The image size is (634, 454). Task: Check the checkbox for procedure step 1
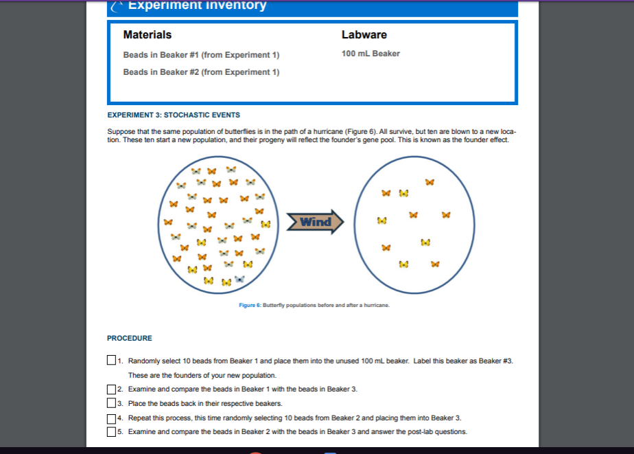coord(111,361)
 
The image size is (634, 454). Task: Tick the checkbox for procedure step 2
coord(111,389)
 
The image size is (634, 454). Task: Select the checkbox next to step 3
coord(111,404)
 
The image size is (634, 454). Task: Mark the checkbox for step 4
coord(111,418)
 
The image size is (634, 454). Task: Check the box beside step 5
coord(111,432)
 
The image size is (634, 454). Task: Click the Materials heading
coord(147,34)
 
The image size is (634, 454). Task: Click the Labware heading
coord(364,34)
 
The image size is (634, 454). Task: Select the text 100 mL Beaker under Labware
coord(371,54)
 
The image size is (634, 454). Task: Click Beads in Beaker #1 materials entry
coord(201,55)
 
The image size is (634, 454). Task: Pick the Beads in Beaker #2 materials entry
coord(201,72)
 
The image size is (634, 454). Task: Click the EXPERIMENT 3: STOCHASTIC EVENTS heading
coord(174,115)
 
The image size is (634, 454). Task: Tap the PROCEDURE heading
coord(130,338)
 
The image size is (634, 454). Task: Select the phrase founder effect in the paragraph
coord(484,140)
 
